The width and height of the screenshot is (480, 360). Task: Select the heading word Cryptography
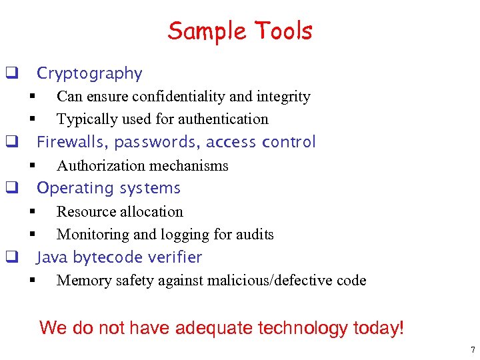pos(89,73)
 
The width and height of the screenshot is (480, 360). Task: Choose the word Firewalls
pos(72,142)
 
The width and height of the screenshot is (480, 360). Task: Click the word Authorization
pos(98,165)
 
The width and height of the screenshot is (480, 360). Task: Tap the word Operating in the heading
pos(74,188)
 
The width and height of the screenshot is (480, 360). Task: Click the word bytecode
pos(105,257)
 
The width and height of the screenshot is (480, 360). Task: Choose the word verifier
pos(174,257)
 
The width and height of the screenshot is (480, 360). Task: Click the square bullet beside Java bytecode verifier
pos(11,257)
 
